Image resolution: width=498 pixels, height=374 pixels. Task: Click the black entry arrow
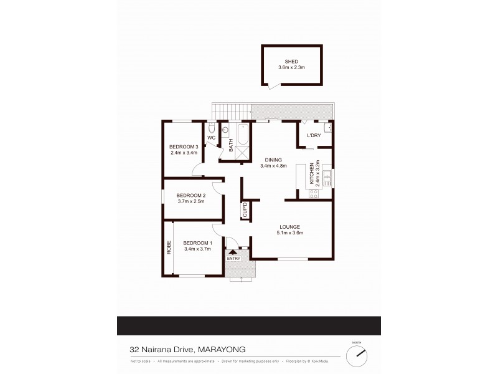coord(233,251)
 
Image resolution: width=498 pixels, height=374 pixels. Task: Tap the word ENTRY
coord(233,258)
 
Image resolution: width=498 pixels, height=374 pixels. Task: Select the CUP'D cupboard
coord(245,210)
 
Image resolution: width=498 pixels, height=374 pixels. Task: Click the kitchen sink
coord(326,174)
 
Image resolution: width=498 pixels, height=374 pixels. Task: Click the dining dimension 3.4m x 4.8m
coord(273,166)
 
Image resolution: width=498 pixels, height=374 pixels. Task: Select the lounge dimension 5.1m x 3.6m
coord(290,233)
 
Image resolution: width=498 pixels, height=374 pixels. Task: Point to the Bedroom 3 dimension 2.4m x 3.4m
coord(184,152)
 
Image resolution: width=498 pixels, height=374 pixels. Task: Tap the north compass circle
coord(357,357)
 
